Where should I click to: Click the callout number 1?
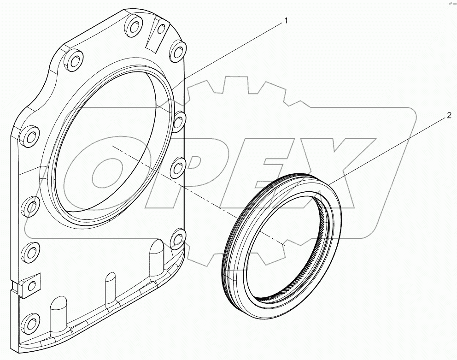pyautogui.click(x=286, y=20)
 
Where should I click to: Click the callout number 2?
pyautogui.click(x=449, y=116)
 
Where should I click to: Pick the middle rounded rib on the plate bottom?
pyautogui.click(x=111, y=288)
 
